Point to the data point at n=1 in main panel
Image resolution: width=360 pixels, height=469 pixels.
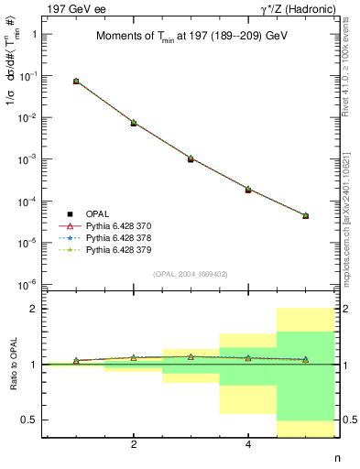(x=76, y=82)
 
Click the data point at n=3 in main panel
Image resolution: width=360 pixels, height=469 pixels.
(x=191, y=158)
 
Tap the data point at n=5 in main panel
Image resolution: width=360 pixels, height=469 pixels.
(x=305, y=216)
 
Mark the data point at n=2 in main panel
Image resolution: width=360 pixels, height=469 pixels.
(x=134, y=123)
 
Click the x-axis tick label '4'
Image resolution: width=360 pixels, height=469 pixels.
(x=248, y=445)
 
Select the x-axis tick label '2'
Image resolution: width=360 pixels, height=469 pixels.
(x=134, y=445)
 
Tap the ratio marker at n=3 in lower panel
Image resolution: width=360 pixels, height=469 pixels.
(x=191, y=356)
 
